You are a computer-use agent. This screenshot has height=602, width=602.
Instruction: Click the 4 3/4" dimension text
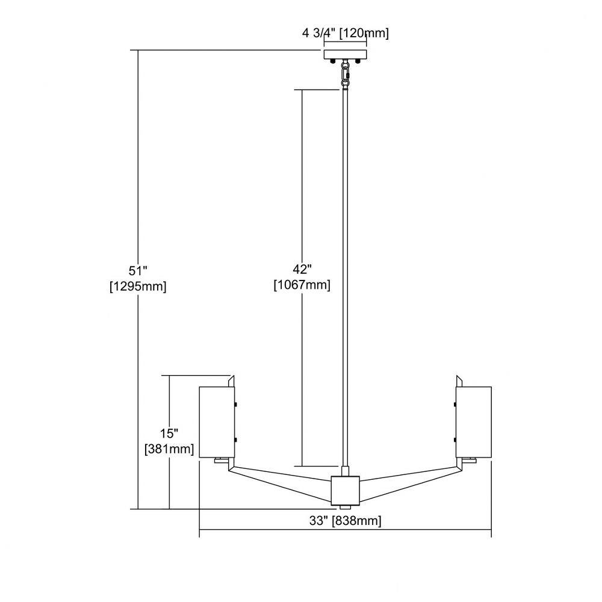[318, 33]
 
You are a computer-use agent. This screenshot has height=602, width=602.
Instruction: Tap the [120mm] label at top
[364, 33]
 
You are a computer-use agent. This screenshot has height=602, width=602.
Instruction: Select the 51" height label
[138, 271]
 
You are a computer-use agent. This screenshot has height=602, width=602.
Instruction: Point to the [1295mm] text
[138, 287]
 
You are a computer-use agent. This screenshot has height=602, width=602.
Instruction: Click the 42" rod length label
[302, 270]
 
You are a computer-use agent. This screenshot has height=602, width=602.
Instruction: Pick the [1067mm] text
[302, 285]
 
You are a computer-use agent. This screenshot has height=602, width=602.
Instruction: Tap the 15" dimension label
[169, 433]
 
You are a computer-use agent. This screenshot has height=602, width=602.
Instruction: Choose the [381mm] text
[169, 449]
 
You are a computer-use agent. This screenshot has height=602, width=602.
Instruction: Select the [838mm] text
[357, 521]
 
